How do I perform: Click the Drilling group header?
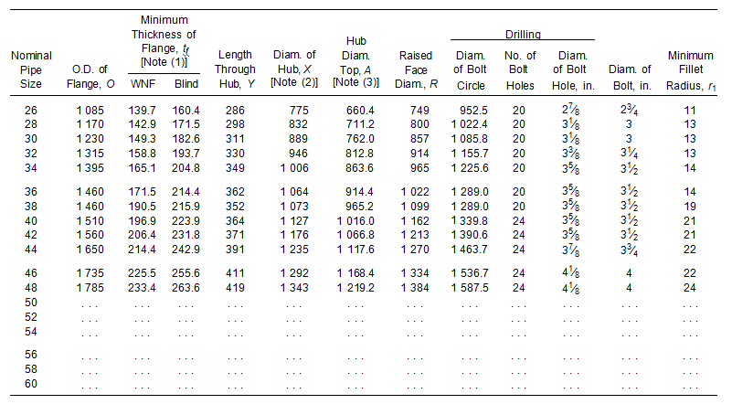pyautogui.click(x=523, y=35)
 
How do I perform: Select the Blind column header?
pyautogui.click(x=186, y=83)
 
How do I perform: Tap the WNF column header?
pyautogui.click(x=143, y=83)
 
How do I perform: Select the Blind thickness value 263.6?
pyautogui.click(x=186, y=287)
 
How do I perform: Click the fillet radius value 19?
pyautogui.click(x=690, y=206)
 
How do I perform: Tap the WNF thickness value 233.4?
pyautogui.click(x=143, y=287)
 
